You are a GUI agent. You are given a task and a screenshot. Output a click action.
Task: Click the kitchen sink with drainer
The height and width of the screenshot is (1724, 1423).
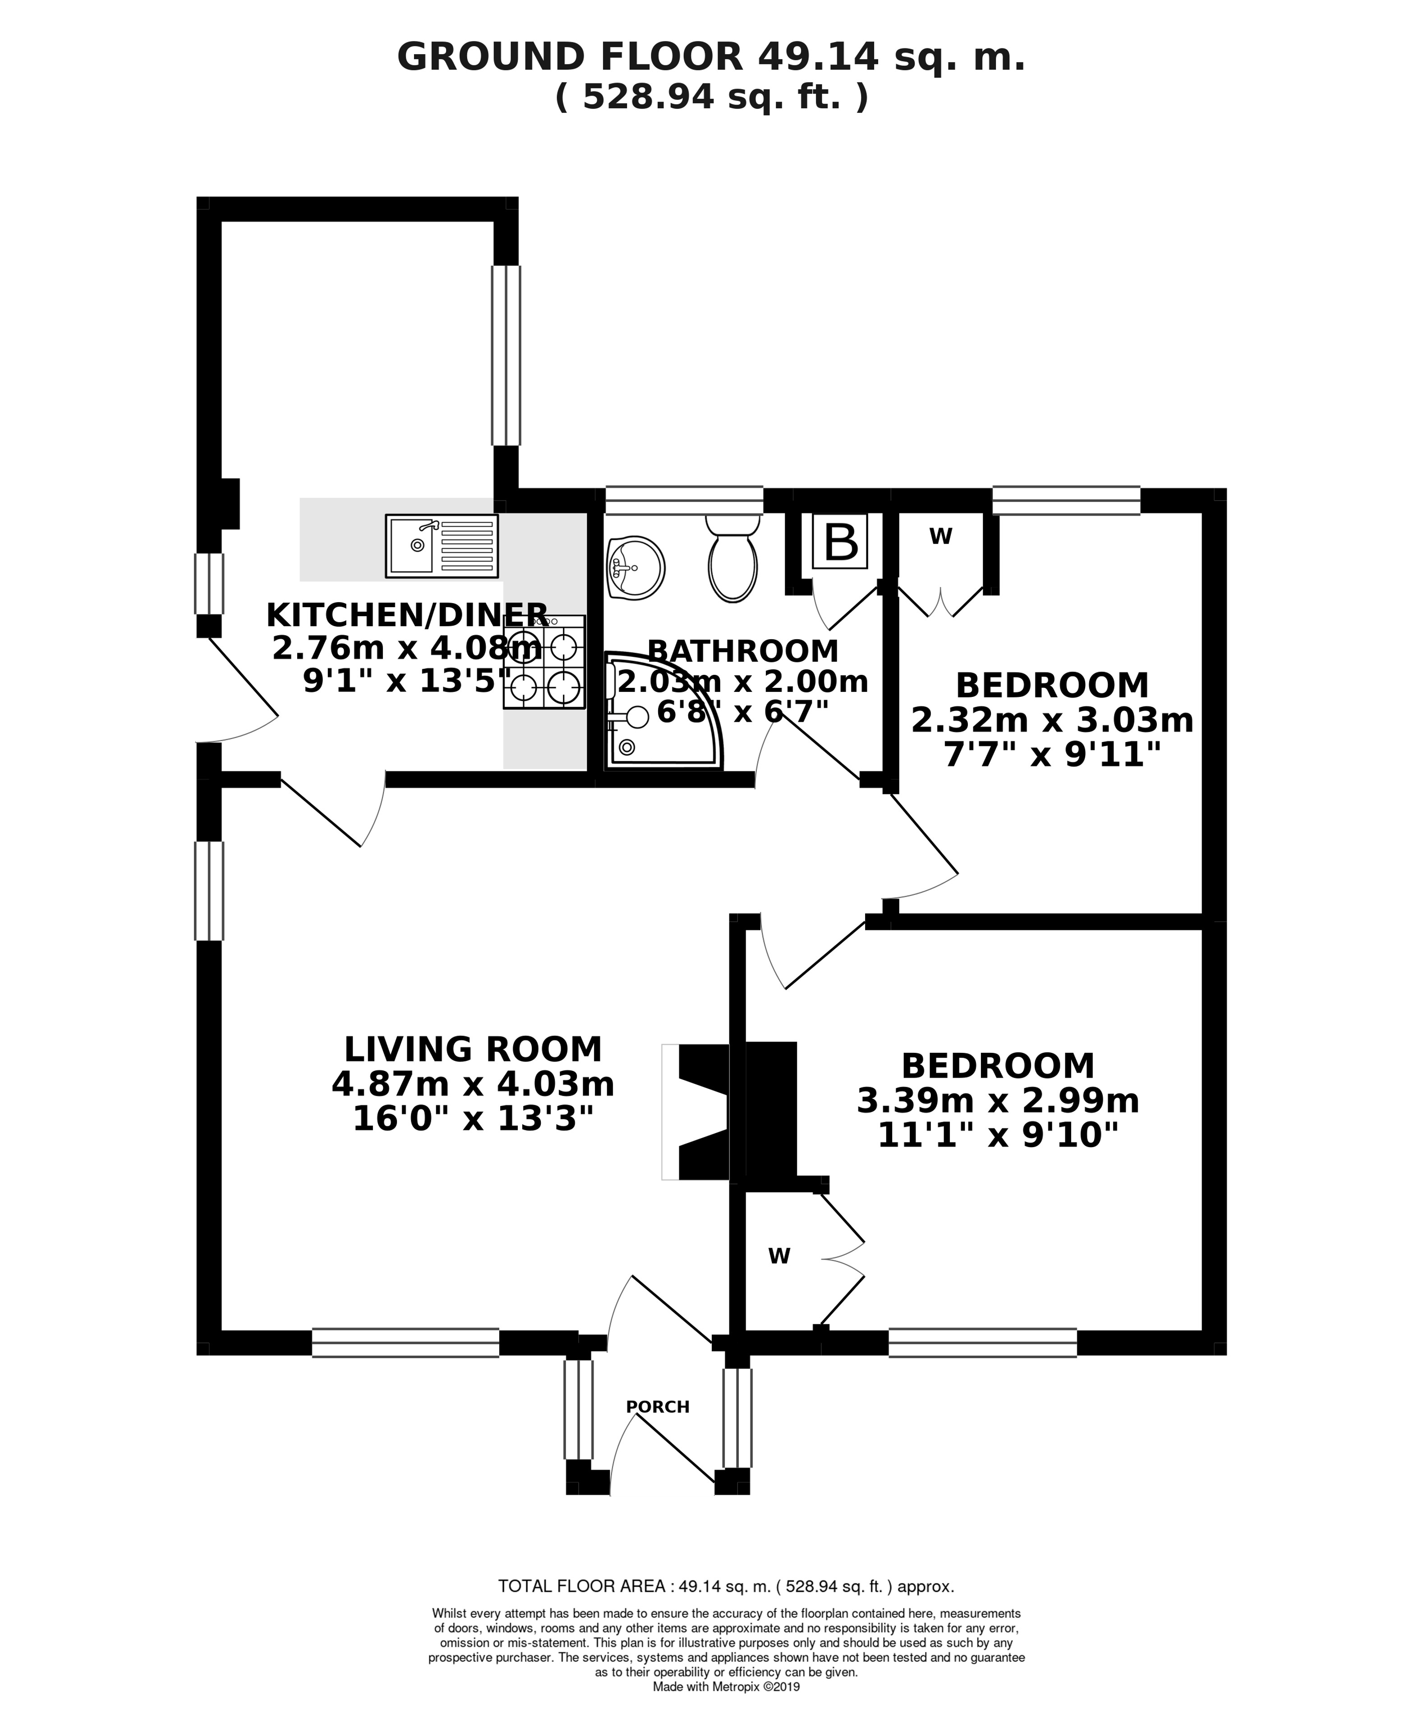click(x=442, y=546)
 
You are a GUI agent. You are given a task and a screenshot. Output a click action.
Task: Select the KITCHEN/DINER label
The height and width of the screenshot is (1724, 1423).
click(x=407, y=614)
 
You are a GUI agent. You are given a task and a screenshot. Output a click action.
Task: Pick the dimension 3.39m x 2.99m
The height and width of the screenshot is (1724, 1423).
click(x=999, y=1101)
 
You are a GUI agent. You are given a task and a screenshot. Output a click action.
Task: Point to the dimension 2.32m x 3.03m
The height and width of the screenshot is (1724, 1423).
click(x=1053, y=720)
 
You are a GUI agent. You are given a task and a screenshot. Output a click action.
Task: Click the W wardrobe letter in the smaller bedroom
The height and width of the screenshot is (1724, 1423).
click(x=941, y=536)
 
